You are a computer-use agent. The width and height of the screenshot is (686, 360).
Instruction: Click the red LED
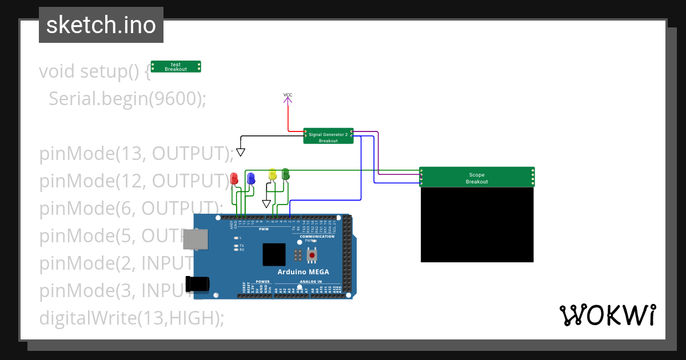point(234,179)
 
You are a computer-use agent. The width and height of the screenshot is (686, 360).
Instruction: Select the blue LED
point(250,178)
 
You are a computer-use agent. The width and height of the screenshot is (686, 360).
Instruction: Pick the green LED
point(286,174)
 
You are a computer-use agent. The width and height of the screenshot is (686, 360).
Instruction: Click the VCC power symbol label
point(288,95)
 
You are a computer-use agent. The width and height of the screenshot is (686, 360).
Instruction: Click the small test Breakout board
point(176,67)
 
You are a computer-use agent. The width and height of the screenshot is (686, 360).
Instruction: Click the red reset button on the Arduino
point(312,255)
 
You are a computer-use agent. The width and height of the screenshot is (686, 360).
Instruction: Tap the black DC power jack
point(197,283)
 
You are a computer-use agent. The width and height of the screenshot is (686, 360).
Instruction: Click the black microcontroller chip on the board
point(274,254)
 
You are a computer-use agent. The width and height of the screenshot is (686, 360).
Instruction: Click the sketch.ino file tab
point(101,25)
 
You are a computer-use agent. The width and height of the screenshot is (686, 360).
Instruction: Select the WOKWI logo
point(607,315)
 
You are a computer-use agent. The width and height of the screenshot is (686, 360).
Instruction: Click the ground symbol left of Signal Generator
point(241,152)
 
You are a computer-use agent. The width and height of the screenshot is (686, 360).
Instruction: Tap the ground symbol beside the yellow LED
point(266,203)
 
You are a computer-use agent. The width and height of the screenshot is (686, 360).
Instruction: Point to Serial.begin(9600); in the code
point(127,99)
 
